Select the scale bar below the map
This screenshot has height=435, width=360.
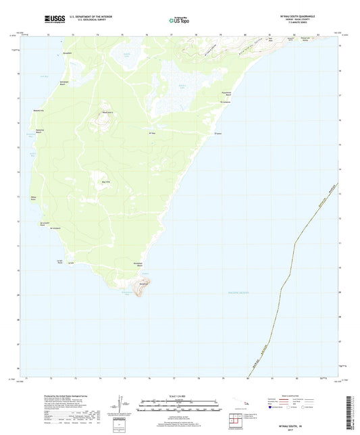(180, 406)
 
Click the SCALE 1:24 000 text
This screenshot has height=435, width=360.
(180, 396)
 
